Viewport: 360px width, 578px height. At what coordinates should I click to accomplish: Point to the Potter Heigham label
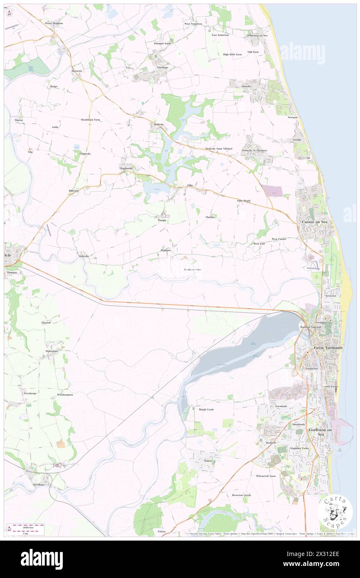click(54, 23)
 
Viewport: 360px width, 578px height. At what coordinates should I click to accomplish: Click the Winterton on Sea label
click(257, 35)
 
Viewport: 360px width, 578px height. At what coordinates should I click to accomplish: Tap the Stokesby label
click(84, 256)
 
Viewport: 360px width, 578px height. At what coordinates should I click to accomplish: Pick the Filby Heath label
click(244, 200)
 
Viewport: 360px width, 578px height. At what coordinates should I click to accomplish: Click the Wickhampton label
click(65, 394)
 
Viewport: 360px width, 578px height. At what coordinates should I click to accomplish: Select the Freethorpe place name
click(31, 393)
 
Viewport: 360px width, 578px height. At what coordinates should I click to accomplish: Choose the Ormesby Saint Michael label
click(219, 149)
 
